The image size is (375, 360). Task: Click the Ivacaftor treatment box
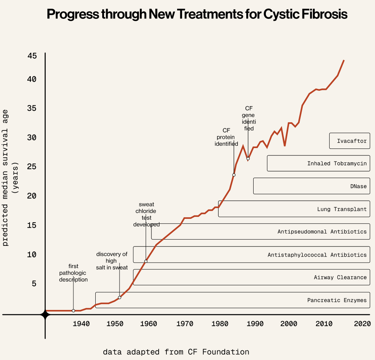coord(352,141)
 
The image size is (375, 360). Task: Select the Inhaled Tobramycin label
coord(337,163)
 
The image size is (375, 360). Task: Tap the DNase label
coord(358,187)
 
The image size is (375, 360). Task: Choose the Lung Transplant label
coord(342,209)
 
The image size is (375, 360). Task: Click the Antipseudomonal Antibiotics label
coord(322,232)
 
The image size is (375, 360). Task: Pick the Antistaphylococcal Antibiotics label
coord(317,255)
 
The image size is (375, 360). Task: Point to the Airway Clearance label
coord(340,277)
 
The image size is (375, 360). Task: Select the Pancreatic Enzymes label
coord(337,300)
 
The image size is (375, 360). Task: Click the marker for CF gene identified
coord(248,158)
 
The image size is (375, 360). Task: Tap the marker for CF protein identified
coord(234,175)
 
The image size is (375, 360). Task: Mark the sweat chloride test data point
coord(146,261)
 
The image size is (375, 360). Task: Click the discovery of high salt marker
coord(119,297)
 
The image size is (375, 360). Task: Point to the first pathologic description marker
coord(73,310)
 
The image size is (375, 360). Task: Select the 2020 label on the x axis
coord(362,324)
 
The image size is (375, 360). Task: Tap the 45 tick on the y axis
coord(32,56)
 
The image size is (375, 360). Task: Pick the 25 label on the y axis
coord(32,167)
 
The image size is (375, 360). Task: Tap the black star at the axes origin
coord(45,315)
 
